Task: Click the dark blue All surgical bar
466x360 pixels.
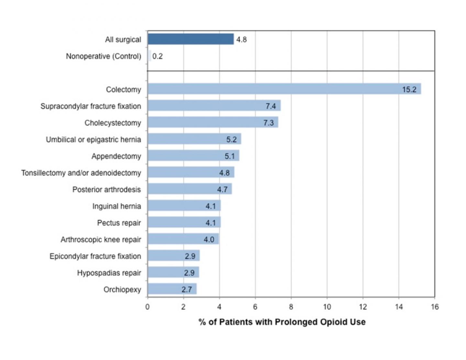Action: click(x=191, y=39)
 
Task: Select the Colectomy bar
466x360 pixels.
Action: click(x=284, y=89)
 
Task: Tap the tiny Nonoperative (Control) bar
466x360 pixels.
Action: click(x=150, y=56)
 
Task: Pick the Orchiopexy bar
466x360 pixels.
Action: click(x=172, y=289)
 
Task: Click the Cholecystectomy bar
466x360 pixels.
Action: click(x=213, y=122)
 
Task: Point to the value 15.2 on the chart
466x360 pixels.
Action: click(x=409, y=89)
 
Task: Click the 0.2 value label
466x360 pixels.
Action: click(x=158, y=56)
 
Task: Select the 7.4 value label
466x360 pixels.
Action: click(x=271, y=106)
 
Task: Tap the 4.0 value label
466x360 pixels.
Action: click(x=209, y=240)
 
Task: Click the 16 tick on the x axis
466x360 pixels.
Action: click(x=435, y=307)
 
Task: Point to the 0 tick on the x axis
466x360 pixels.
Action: click(x=148, y=307)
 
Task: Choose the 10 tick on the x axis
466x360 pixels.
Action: click(x=327, y=307)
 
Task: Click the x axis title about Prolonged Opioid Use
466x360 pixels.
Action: click(x=282, y=322)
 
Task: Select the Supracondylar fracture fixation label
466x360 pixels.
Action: click(x=91, y=106)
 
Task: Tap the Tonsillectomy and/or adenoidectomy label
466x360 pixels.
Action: click(x=81, y=173)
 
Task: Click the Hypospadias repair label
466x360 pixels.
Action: click(x=109, y=273)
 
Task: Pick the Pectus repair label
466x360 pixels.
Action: click(x=119, y=223)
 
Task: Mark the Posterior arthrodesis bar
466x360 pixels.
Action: click(x=190, y=189)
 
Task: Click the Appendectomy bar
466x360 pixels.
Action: click(x=193, y=156)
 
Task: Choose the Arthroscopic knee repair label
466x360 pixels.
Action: click(x=101, y=240)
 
